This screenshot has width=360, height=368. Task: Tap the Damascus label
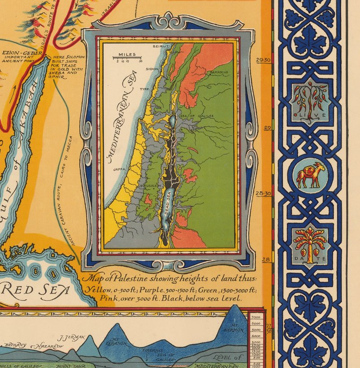click(x=218, y=72)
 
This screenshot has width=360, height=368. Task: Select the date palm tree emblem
click(x=310, y=243)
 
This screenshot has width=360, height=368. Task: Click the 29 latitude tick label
click(x=267, y=128)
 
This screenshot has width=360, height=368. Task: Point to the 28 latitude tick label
click(x=267, y=259)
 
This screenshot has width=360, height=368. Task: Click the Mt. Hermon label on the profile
click(x=236, y=328)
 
